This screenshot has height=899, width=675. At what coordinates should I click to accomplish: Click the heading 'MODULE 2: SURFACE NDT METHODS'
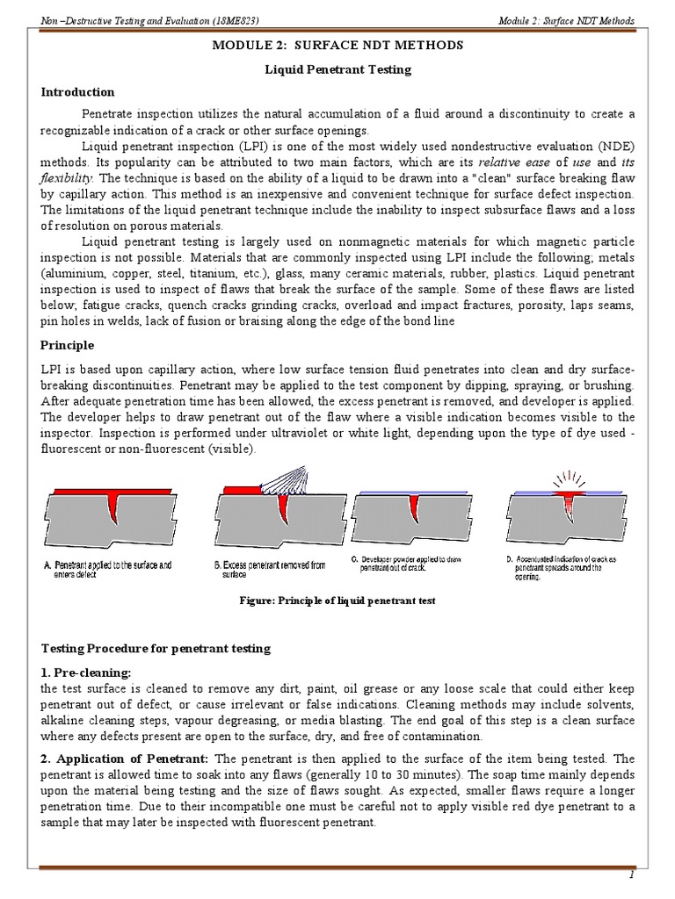pos(338,45)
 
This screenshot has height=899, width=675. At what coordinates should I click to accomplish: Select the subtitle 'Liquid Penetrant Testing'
pos(338,68)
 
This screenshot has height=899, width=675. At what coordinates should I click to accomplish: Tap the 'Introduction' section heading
pos(78,92)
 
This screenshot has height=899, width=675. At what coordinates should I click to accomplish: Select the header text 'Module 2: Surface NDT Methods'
pos(565,20)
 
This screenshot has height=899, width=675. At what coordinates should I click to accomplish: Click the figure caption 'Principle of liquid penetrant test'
pos(338,601)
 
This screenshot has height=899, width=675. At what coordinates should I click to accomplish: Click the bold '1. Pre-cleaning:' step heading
pos(87,672)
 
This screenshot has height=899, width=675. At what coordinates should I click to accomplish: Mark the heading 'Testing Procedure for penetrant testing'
pos(157,648)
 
